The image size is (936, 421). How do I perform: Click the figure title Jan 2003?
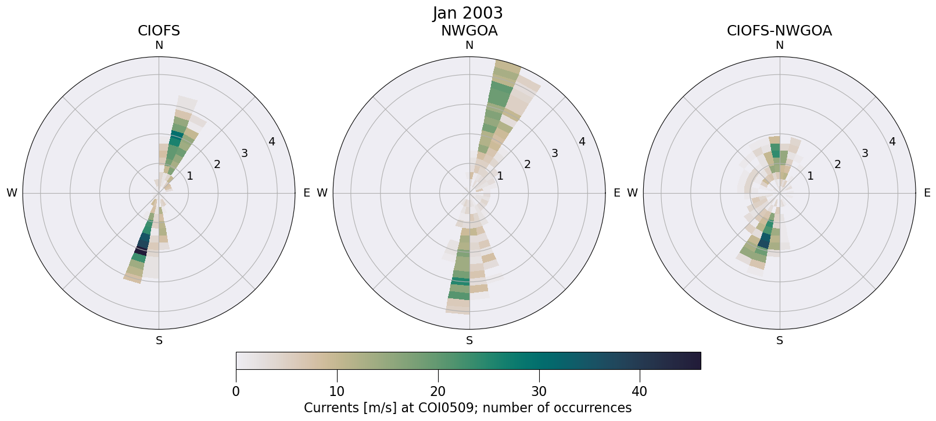pyautogui.click(x=468, y=13)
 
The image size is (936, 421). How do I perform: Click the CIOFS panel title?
pyautogui.click(x=159, y=31)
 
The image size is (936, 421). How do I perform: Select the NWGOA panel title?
pyautogui.click(x=469, y=31)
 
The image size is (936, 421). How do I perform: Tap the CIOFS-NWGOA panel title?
pyautogui.click(x=779, y=31)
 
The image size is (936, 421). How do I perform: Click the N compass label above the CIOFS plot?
pyautogui.click(x=159, y=45)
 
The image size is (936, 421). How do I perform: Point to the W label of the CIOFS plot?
pyautogui.click(x=12, y=193)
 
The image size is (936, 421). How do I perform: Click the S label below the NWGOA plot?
pyautogui.click(x=469, y=341)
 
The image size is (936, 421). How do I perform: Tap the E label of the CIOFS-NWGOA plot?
pyautogui.click(x=927, y=193)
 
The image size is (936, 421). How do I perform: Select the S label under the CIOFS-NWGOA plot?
pyautogui.click(x=779, y=341)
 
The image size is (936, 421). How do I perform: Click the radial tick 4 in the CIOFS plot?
pyautogui.click(x=271, y=142)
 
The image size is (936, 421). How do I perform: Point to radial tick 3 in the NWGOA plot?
pyautogui.click(x=554, y=153)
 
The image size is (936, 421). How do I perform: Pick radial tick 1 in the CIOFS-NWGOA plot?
pyautogui.click(x=810, y=176)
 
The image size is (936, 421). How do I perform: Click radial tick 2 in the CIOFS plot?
pyautogui.click(x=217, y=165)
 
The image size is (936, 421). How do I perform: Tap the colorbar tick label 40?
pyautogui.click(x=640, y=391)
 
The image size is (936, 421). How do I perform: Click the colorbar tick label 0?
pyautogui.click(x=236, y=391)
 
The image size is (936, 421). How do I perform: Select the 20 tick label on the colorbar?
pyautogui.click(x=437, y=391)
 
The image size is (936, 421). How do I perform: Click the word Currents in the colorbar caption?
pyautogui.click(x=328, y=408)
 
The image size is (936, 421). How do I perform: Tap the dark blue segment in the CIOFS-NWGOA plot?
pyautogui.click(x=764, y=240)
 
